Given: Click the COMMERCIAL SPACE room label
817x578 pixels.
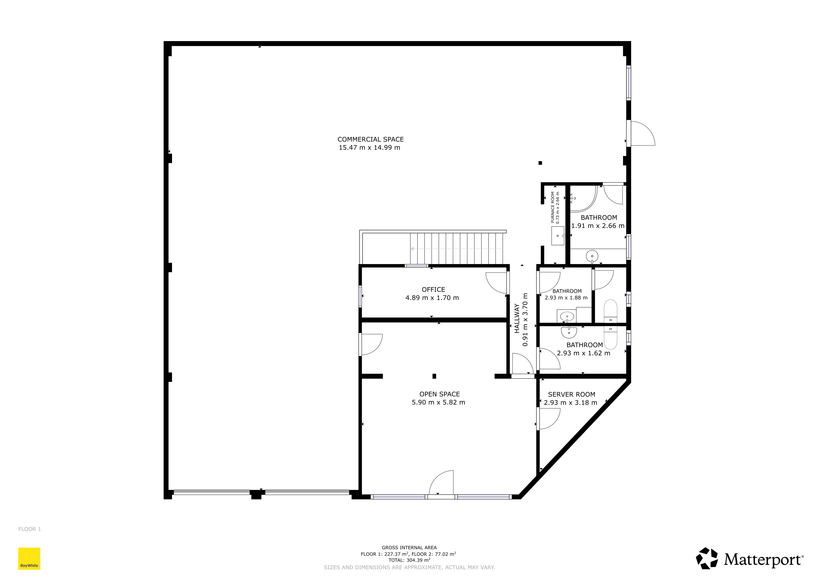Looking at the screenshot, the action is tap(371, 139).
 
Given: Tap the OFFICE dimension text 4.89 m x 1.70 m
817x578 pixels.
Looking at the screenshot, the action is tap(432, 298).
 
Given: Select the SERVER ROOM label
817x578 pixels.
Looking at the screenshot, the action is tap(572, 394).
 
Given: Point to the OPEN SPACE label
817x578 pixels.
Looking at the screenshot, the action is tap(439, 394).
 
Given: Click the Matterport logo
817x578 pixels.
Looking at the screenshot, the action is tap(749, 559).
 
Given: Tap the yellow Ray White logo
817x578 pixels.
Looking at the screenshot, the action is tap(29, 559).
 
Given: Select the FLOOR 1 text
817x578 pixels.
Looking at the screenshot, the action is tap(30, 529).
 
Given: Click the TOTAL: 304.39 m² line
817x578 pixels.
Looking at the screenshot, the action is tap(409, 560).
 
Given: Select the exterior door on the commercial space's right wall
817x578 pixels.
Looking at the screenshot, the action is tap(641, 134).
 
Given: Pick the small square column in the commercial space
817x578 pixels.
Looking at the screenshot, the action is tap(540, 163).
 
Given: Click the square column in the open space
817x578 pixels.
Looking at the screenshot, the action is tap(434, 376).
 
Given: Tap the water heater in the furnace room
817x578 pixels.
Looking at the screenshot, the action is tap(558, 236).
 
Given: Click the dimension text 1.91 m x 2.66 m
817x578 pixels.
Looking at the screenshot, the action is tap(598, 226).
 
